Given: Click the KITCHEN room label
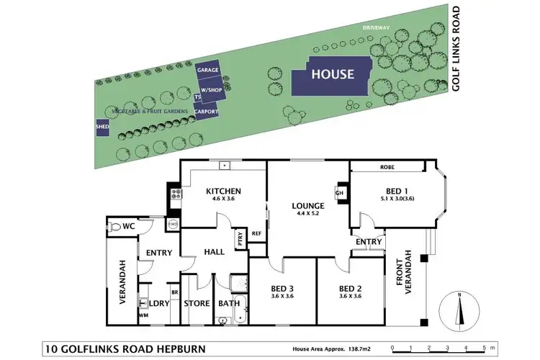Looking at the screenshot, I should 223,191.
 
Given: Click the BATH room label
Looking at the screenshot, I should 229,303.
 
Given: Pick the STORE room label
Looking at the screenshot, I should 197,303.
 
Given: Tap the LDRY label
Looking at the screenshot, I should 158,303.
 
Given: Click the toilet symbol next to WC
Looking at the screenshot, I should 118,226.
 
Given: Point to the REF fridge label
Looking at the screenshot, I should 257,233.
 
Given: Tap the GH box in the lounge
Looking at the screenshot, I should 339,192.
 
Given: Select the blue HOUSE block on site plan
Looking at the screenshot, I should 332,74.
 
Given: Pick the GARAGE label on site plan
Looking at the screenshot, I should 209,70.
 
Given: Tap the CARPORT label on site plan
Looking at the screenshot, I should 206,112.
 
